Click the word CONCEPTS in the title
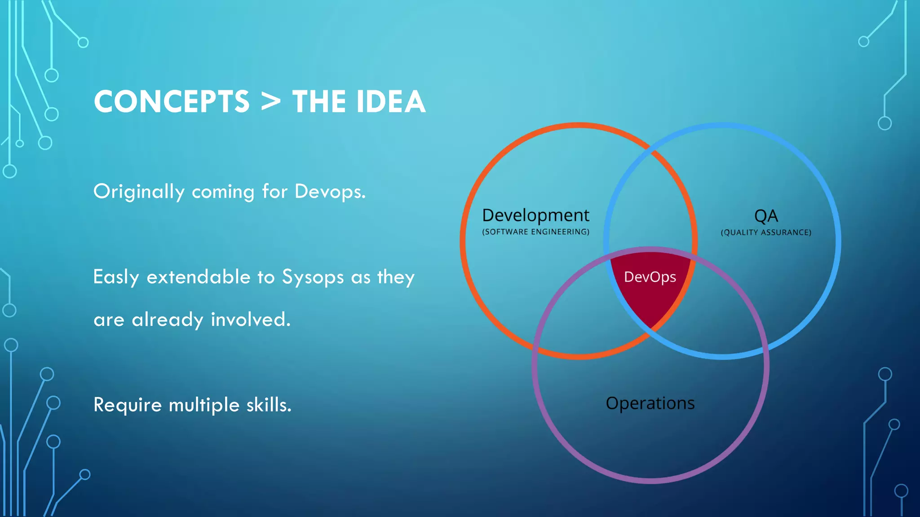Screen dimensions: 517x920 click(171, 102)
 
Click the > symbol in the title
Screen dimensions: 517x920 click(271, 102)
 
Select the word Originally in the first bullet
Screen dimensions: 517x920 click(139, 192)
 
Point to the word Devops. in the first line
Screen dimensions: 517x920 click(330, 192)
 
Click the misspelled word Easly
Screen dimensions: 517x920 click(116, 277)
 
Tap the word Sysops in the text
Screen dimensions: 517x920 click(313, 277)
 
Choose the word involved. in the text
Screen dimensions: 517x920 click(251, 320)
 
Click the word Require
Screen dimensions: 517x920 click(127, 405)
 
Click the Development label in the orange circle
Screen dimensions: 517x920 click(535, 215)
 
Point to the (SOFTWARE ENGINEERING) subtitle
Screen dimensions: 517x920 click(535, 232)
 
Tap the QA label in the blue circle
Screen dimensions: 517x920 click(766, 216)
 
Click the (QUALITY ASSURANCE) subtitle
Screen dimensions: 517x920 click(766, 232)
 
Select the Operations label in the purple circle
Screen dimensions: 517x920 click(650, 403)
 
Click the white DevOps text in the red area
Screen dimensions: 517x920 click(650, 277)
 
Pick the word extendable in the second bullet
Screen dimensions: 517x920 click(198, 277)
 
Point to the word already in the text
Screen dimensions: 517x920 click(167, 320)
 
